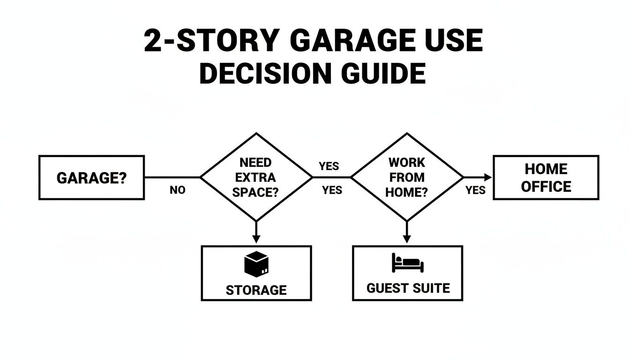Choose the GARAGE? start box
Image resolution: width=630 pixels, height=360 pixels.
91,178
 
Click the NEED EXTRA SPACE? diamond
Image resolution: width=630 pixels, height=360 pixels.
256,177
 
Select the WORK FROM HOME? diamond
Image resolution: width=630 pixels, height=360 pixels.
406,177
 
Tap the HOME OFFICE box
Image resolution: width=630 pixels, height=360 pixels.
546,178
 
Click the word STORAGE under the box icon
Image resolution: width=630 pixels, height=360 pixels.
256,290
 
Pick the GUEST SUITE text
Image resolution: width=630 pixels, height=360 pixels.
407,288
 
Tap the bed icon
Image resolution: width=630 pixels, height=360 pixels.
407,263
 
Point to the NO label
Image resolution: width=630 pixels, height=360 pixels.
178,190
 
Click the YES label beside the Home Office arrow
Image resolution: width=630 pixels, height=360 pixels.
475,190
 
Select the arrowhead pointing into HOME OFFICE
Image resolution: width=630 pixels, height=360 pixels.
488,177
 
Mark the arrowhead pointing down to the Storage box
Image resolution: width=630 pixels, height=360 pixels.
256,239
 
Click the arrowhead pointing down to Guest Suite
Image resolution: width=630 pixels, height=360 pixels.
406,239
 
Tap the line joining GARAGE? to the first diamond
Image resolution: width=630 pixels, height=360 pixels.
172,178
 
